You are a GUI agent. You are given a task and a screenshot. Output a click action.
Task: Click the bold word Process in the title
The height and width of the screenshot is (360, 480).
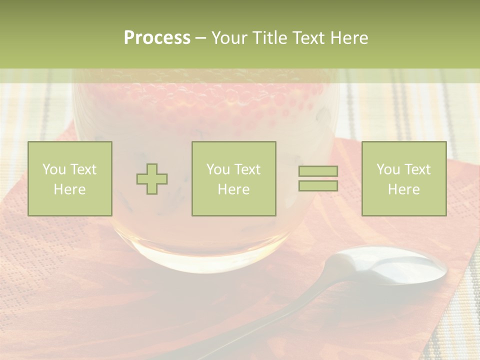click(x=157, y=38)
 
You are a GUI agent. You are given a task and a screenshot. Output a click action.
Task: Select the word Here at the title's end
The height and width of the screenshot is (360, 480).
click(x=349, y=38)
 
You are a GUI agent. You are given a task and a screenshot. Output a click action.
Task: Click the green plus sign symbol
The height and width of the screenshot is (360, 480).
click(x=152, y=179)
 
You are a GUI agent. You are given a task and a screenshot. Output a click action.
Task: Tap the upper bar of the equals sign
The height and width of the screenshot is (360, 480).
click(x=318, y=171)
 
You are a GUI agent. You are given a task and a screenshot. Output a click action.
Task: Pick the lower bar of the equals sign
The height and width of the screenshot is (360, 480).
click(x=318, y=186)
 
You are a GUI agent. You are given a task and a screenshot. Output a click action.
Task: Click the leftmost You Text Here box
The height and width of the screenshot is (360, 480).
click(x=70, y=179)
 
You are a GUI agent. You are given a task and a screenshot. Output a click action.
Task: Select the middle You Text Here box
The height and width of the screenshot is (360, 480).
click(x=234, y=179)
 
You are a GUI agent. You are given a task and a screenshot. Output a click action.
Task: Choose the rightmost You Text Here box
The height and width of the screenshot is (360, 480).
click(x=404, y=179)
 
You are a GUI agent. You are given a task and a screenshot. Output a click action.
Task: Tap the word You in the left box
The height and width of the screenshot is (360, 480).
click(x=54, y=169)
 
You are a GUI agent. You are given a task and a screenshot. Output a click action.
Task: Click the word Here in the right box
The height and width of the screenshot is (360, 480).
click(x=404, y=189)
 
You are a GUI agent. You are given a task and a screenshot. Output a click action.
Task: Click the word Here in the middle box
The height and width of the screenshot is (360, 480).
click(x=234, y=189)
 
